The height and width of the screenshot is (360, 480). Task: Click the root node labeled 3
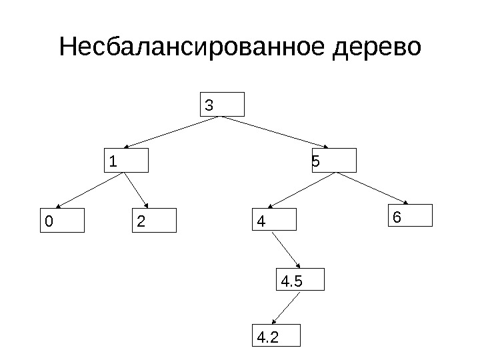223,105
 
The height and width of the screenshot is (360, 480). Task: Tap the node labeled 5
334,161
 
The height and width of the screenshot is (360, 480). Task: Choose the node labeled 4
274,220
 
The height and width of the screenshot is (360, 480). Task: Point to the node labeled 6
410,217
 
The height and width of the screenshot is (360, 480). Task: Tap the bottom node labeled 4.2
276,336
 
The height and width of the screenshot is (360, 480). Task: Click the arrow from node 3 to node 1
173,132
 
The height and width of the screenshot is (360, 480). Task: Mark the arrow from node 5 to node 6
373,188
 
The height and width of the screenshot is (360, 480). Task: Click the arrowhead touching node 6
405,203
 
